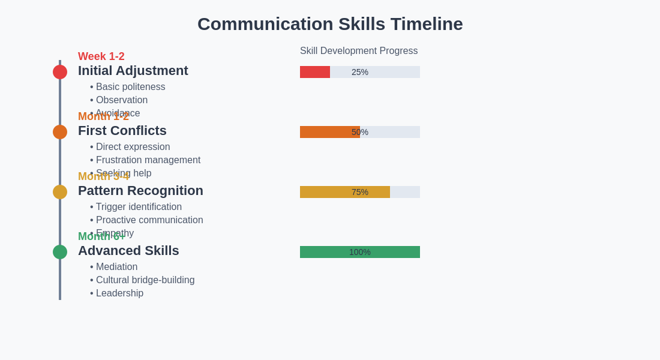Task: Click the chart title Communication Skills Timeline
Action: pyautogui.click(x=330, y=24)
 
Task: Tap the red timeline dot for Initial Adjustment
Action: pyautogui.click(x=60, y=72)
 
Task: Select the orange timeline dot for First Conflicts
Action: pyautogui.click(x=60, y=132)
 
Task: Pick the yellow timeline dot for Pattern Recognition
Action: pyautogui.click(x=60, y=192)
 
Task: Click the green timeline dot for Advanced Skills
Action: pyautogui.click(x=60, y=252)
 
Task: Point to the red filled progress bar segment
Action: pyautogui.click(x=315, y=72)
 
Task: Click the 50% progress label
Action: pyautogui.click(x=360, y=132)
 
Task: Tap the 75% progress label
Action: pyautogui.click(x=360, y=192)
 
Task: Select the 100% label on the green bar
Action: pyautogui.click(x=360, y=252)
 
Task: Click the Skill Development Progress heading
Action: pyautogui.click(x=359, y=51)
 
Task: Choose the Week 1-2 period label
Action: pyautogui.click(x=101, y=56)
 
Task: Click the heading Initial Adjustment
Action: pyautogui.click(x=133, y=71)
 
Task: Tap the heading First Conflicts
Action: pyautogui.click(x=122, y=131)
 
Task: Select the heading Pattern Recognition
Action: pyautogui.click(x=140, y=191)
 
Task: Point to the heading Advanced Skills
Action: pyautogui.click(x=128, y=251)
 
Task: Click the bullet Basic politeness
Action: pyautogui.click(x=130, y=87)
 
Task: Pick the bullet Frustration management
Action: pyautogui.click(x=148, y=160)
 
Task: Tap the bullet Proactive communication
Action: pyautogui.click(x=149, y=220)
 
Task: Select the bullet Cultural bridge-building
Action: pyautogui.click(x=145, y=280)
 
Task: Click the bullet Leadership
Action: pyautogui.click(x=119, y=293)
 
